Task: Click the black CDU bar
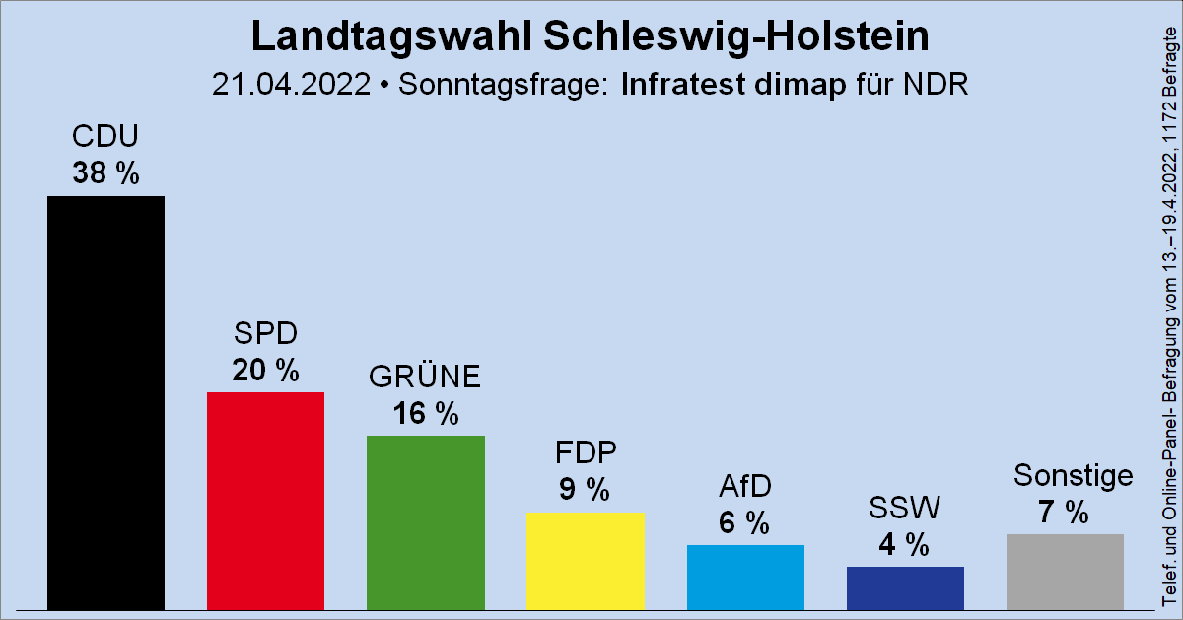click(x=105, y=402)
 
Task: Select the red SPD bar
click(x=265, y=500)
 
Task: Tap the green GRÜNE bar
click(x=425, y=521)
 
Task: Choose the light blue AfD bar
click(x=745, y=577)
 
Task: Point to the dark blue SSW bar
click(x=905, y=587)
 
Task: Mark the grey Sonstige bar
click(x=1065, y=571)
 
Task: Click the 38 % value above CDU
click(x=105, y=173)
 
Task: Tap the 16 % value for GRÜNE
click(x=425, y=414)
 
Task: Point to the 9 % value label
click(x=585, y=489)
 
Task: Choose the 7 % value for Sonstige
click(x=1064, y=513)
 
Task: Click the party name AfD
click(x=744, y=486)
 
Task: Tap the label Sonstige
click(x=1073, y=477)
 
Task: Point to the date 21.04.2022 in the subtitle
click(x=293, y=85)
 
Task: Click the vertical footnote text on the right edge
click(x=1170, y=315)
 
